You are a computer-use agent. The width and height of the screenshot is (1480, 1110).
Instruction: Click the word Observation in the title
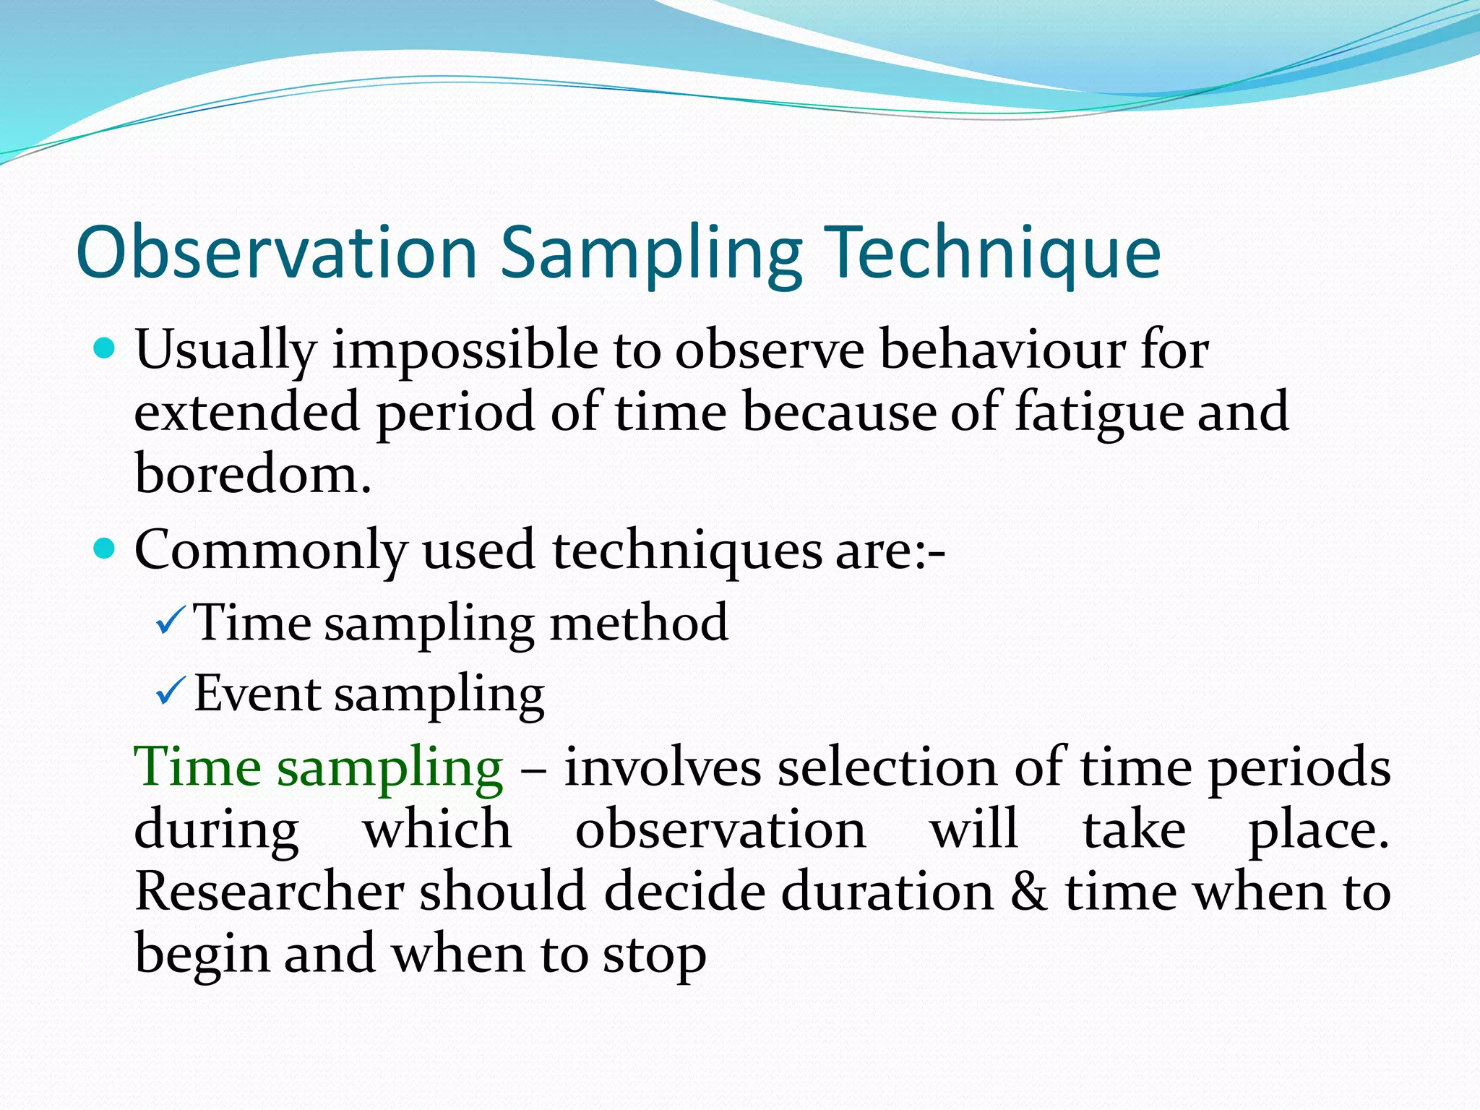point(277,252)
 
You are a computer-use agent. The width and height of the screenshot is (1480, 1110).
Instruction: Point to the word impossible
point(465,350)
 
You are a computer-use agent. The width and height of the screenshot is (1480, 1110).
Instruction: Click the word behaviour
point(1002,350)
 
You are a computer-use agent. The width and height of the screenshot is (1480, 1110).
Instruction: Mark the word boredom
point(252,474)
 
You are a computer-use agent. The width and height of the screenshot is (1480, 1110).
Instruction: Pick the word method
point(639,622)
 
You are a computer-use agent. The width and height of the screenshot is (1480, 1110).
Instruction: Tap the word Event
point(257,694)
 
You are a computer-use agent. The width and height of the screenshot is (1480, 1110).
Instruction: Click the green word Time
point(197,767)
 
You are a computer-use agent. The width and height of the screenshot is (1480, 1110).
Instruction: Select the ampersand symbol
point(1029,892)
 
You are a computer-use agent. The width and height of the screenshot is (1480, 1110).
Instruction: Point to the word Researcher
point(270,892)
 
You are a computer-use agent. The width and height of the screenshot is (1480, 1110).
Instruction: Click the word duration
point(888,892)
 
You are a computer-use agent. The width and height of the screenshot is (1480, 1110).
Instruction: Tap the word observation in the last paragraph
point(720,830)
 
